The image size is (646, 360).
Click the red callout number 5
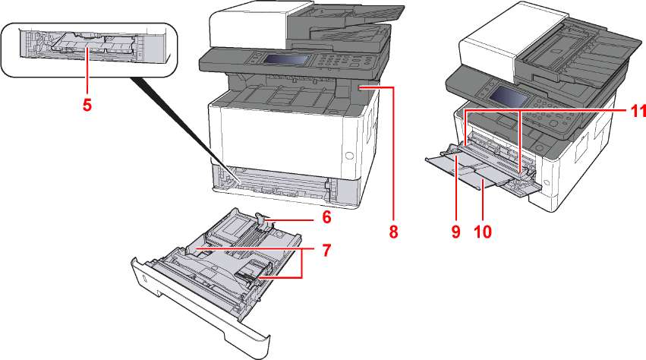87,105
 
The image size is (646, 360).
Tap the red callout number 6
326,216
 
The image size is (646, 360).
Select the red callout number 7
326,248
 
